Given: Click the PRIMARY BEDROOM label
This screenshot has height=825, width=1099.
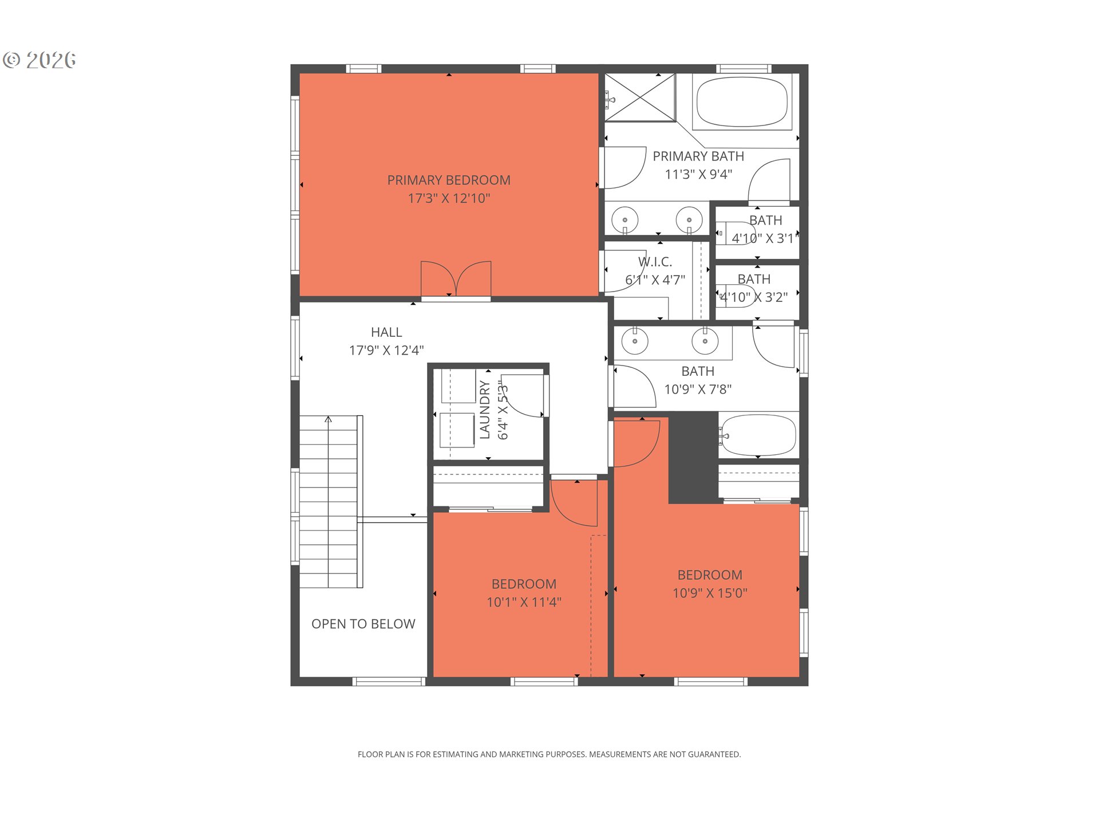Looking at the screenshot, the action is coord(449,180).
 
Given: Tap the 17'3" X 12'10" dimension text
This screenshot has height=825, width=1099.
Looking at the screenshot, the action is coord(449,199).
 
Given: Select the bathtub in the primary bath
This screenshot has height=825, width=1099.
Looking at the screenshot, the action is coord(742,102).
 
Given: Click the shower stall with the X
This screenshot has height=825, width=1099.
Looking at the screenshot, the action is coord(641,97).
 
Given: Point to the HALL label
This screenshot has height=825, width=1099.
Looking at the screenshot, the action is coord(386,332).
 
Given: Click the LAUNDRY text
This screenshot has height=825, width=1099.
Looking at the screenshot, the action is coord(485,410).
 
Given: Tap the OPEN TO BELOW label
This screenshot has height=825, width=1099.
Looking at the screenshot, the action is coord(363,624).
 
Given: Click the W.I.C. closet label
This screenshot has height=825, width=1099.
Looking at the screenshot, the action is coord(655,262).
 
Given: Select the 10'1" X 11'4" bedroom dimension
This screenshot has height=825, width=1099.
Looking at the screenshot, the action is coord(524,602).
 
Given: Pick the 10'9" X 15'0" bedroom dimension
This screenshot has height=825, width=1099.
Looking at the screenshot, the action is coord(710,593).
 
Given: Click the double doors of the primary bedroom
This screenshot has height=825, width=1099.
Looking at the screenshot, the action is coord(456,280).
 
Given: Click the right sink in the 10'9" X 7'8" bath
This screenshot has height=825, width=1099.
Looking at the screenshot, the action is coord(705,341).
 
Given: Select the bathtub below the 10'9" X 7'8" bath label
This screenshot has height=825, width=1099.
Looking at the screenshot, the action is coord(758,435).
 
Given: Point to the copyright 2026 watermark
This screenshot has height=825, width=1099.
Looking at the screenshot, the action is coord(39,60).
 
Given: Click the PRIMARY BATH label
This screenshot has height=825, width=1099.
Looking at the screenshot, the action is coord(698,156).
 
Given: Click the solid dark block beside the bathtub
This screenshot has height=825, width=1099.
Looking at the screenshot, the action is coord(693,458).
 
